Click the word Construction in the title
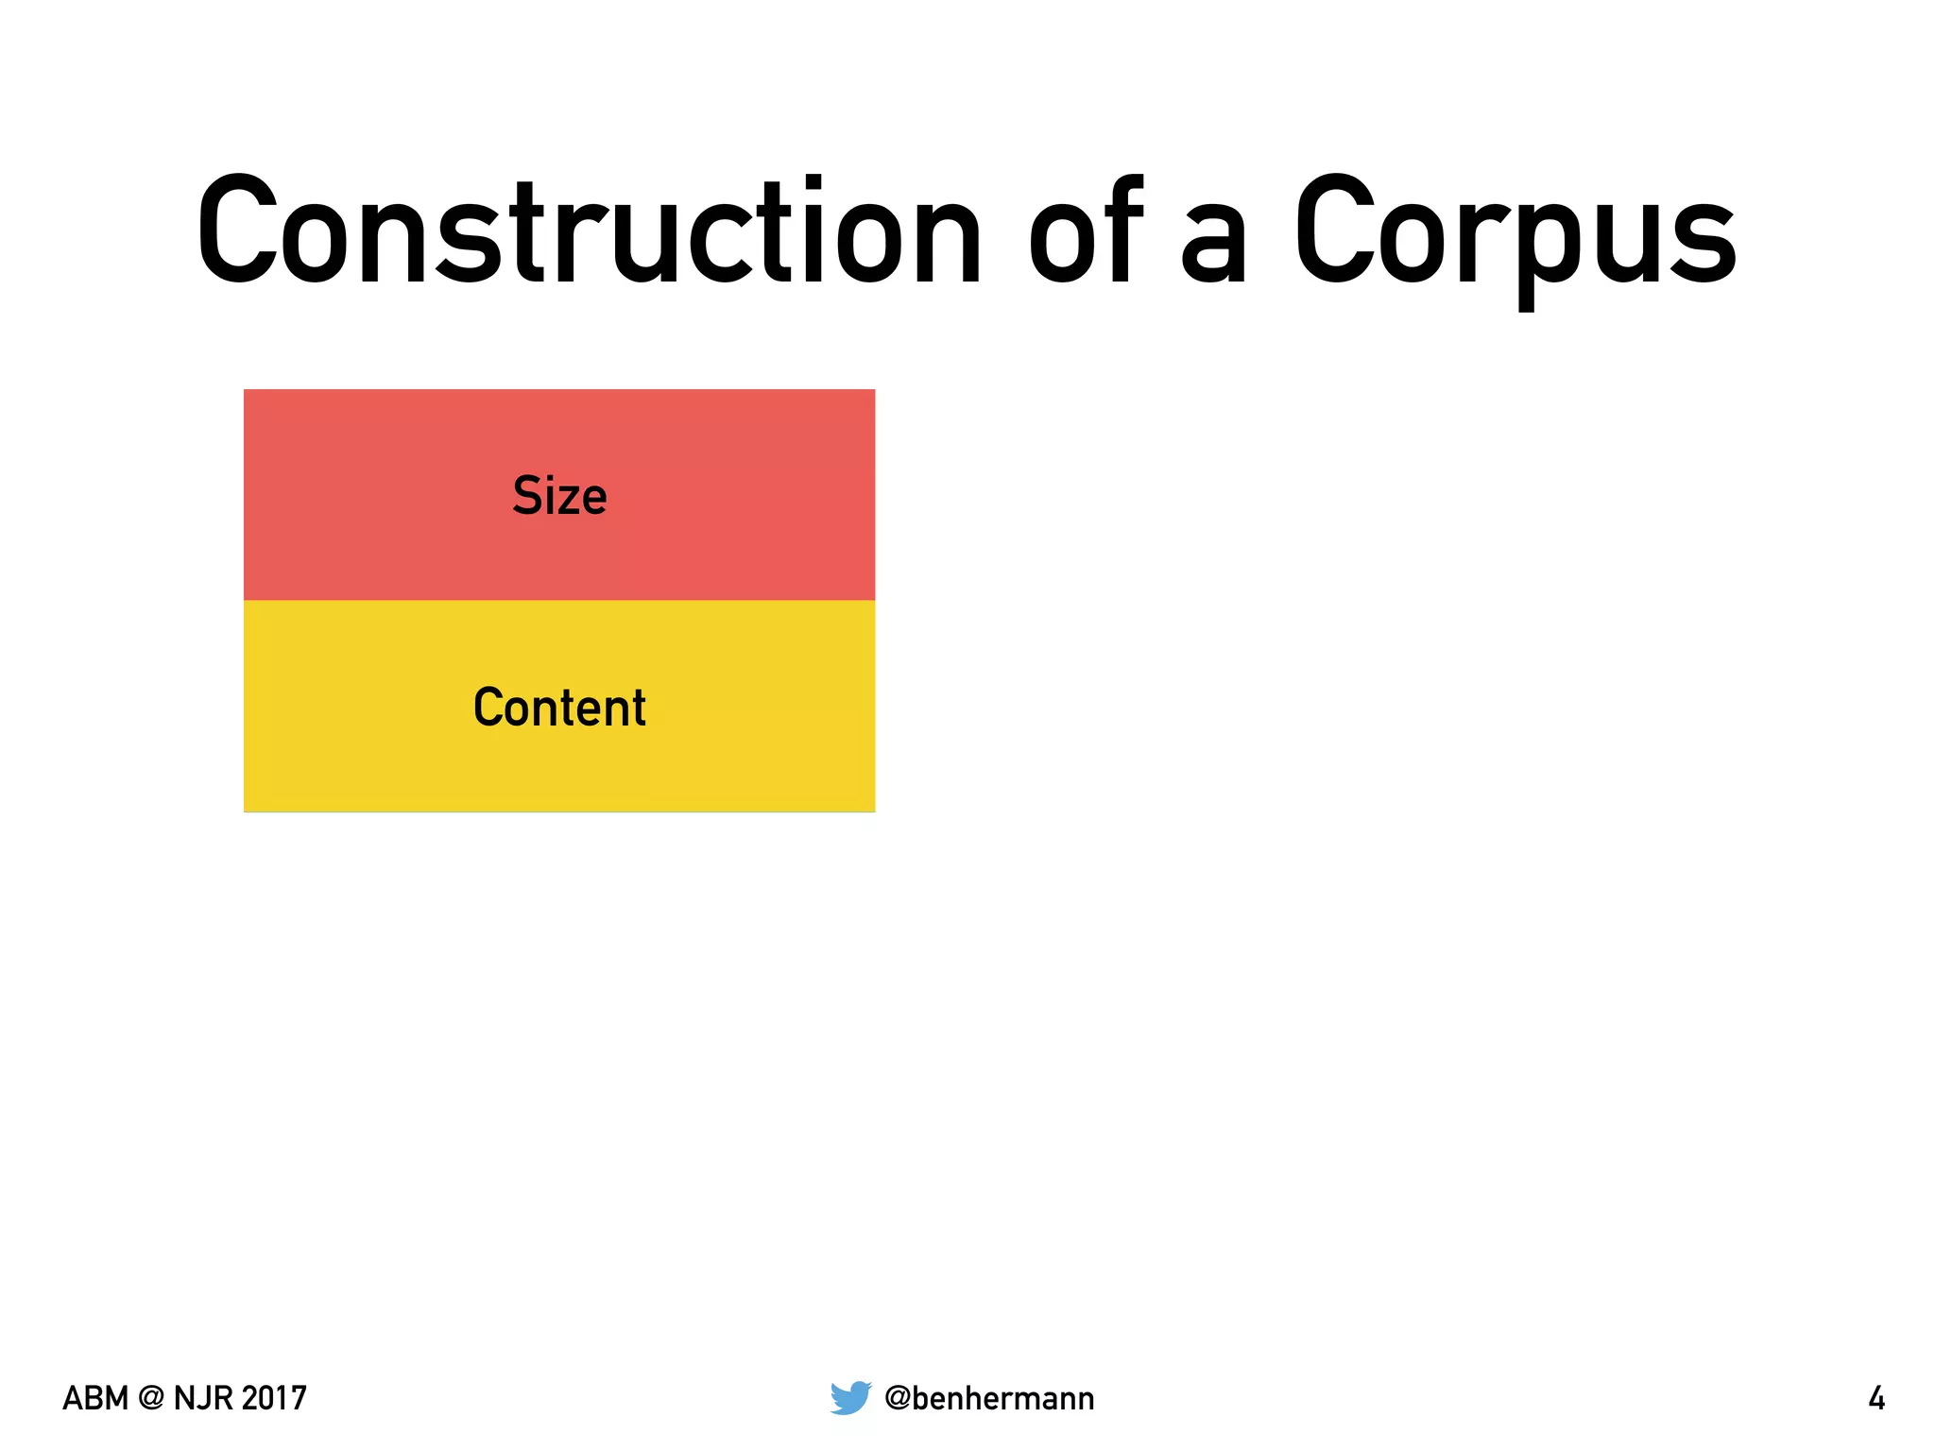[x=590, y=231]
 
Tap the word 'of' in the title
[x=1087, y=231]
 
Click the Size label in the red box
[x=559, y=496]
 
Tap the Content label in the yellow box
[x=559, y=708]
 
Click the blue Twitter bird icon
[x=850, y=1397]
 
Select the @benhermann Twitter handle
[x=989, y=1398]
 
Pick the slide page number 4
[x=1876, y=1398]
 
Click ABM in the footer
[x=94, y=1398]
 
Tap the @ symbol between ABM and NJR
[x=151, y=1398]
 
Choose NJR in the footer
[x=203, y=1398]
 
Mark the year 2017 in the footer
[x=274, y=1398]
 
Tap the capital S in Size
[x=527, y=495]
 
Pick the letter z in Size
[x=571, y=501]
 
